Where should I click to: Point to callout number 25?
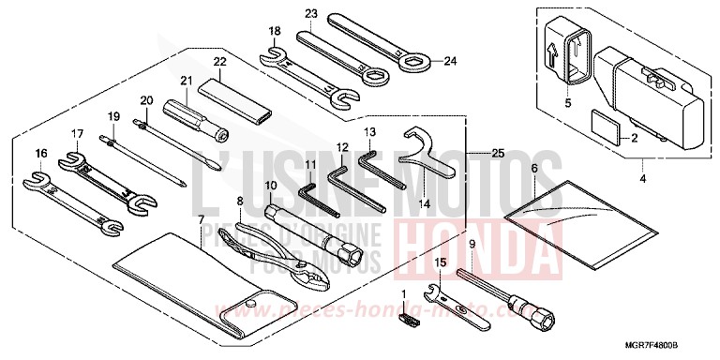(x=496, y=152)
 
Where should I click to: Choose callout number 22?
(x=219, y=63)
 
